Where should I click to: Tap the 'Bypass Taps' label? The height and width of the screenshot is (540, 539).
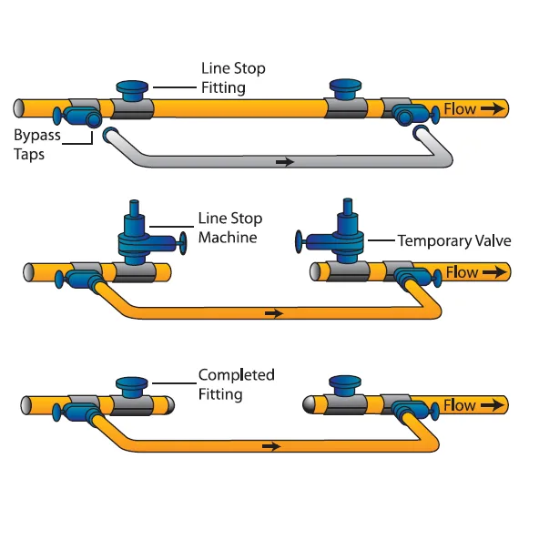[36, 144]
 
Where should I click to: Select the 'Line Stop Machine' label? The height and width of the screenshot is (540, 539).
[229, 229]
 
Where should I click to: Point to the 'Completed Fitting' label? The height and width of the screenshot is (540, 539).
[236, 384]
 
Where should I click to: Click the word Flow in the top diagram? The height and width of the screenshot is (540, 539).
[460, 109]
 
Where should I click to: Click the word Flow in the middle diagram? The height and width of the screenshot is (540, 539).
[461, 271]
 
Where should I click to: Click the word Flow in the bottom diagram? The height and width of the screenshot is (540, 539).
[460, 404]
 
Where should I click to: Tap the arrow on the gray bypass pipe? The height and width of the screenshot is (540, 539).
[285, 162]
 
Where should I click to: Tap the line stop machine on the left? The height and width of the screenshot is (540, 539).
[137, 239]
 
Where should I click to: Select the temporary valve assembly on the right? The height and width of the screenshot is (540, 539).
[337, 239]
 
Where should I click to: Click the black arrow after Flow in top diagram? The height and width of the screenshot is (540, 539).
[492, 109]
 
